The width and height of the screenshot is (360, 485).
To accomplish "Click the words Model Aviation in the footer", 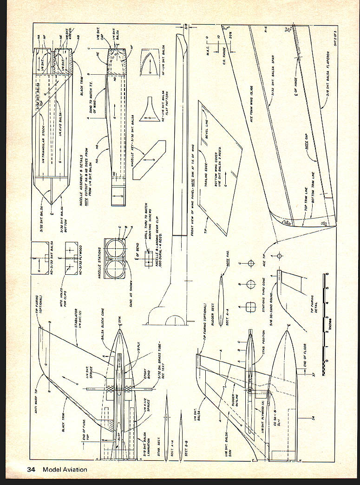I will pyautogui.click(x=65, y=469).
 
